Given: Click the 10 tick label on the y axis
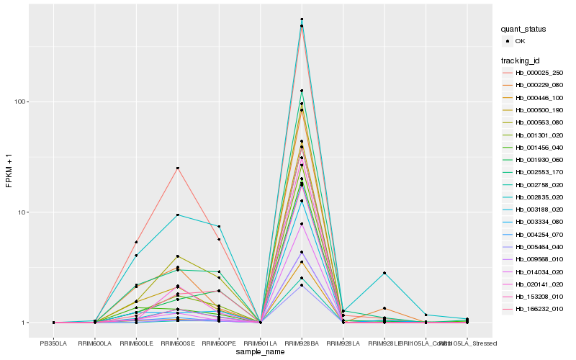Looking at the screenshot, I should coord(23,212).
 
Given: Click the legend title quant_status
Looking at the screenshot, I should coord(523,29).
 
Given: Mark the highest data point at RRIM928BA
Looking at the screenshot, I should coord(302,19).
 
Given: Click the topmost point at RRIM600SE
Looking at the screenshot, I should coord(177,168).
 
